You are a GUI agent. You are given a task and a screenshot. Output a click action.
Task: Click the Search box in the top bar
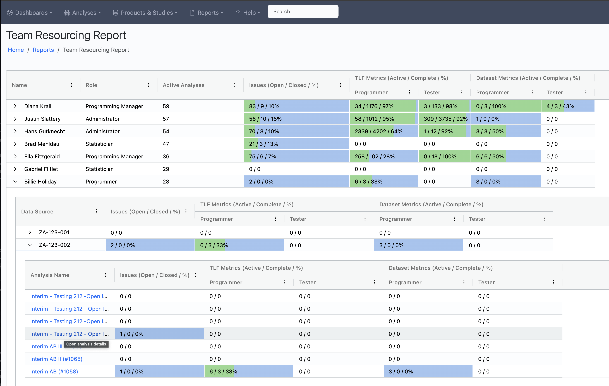(x=303, y=12)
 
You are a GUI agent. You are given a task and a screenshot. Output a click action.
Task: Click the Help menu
(x=248, y=13)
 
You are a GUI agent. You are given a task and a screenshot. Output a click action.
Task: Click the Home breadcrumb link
(x=16, y=50)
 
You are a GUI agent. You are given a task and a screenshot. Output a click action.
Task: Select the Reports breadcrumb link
(x=43, y=50)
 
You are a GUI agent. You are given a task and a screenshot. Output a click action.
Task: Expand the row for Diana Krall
(x=15, y=106)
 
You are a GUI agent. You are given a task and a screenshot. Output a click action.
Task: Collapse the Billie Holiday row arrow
(x=15, y=182)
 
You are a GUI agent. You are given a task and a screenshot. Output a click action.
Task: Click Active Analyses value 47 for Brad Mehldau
(x=166, y=144)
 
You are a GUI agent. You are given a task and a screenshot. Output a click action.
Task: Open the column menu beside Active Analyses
(x=235, y=85)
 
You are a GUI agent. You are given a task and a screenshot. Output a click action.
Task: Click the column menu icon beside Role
(x=148, y=85)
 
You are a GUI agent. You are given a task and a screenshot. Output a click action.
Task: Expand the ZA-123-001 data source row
(x=30, y=232)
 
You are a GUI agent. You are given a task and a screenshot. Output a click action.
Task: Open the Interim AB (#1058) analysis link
(x=54, y=372)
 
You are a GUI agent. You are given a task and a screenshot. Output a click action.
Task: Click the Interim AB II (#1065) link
(x=56, y=359)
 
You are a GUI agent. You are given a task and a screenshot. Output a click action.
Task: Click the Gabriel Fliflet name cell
(x=41, y=169)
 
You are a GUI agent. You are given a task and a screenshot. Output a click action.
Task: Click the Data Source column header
(x=37, y=211)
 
